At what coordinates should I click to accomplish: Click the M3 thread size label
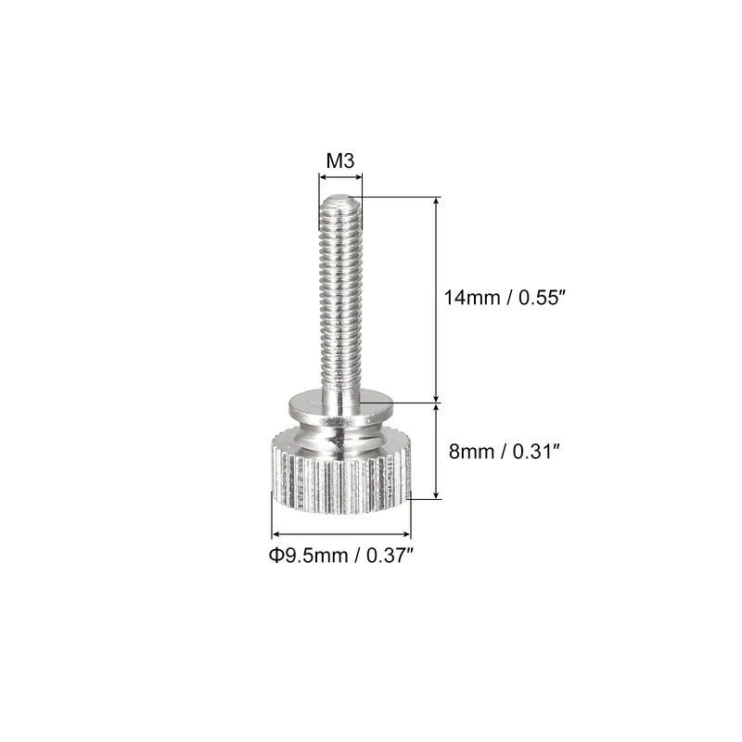[x=340, y=160]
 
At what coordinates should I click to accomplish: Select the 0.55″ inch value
[x=543, y=298]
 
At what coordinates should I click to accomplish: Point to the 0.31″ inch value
[x=537, y=452]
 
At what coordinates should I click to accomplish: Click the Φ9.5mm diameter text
[x=309, y=555]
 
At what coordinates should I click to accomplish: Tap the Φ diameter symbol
[x=275, y=555]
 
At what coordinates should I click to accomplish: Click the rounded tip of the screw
[x=340, y=198]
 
